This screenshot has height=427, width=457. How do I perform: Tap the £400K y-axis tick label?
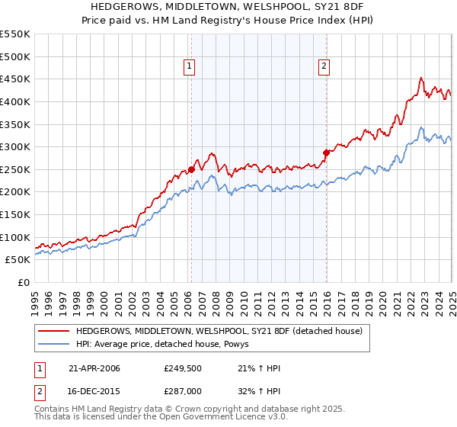[x=16, y=101]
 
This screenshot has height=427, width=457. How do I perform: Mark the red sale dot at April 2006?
[x=191, y=169]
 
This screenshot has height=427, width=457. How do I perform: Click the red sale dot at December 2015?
[x=326, y=152]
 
